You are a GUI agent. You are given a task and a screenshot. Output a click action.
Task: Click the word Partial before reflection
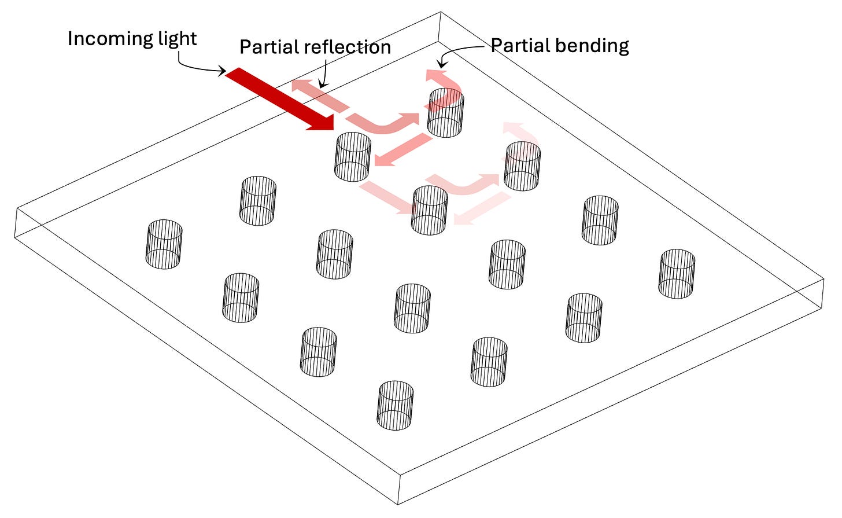point(268,47)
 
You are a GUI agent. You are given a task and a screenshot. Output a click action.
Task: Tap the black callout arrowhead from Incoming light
point(222,72)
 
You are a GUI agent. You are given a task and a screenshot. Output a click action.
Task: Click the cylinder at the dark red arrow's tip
point(353,156)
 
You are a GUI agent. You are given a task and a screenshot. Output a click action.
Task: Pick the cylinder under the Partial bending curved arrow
point(445,113)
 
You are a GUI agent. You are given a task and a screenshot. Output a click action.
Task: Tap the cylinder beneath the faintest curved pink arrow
point(523,167)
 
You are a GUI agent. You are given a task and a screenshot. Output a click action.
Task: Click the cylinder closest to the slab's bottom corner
point(396,405)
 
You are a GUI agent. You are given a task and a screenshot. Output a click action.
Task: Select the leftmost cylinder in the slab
point(164,244)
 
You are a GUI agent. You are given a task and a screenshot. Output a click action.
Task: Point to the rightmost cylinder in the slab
point(677,274)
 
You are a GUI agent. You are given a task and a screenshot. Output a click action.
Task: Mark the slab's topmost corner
point(441,12)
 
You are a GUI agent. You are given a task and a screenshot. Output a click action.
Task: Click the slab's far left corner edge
point(16,223)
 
